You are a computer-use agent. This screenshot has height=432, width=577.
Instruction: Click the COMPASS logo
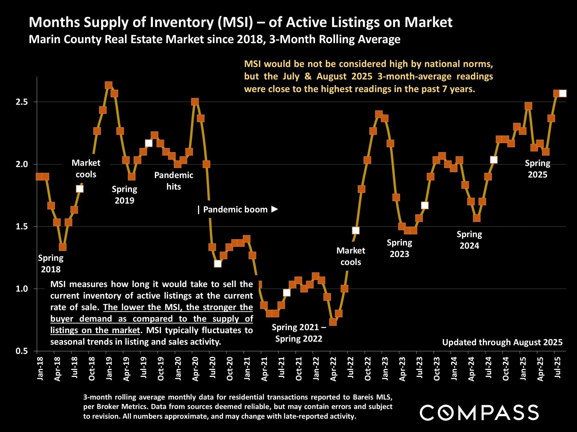479,412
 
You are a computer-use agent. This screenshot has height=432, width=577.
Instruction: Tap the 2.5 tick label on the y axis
22,102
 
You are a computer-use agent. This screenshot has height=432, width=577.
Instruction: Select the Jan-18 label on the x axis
40,368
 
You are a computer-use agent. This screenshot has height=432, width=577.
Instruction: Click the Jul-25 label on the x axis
557,368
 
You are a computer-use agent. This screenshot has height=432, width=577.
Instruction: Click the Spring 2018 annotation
51,264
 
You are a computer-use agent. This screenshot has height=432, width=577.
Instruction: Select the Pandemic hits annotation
174,181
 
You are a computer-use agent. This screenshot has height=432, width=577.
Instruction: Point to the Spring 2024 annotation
469,240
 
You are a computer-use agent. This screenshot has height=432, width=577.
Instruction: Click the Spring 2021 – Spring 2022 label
299,333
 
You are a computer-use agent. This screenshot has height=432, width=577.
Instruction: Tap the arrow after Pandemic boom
275,209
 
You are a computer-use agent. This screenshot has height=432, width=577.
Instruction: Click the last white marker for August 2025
563,94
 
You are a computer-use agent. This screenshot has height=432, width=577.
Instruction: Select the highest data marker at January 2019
108,85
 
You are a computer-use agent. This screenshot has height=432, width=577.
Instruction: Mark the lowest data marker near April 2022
333,322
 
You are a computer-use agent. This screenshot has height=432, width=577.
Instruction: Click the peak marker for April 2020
195,102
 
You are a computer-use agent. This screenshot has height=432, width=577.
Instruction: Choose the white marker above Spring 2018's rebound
80,189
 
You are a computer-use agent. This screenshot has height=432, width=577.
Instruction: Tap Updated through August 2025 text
502,342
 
